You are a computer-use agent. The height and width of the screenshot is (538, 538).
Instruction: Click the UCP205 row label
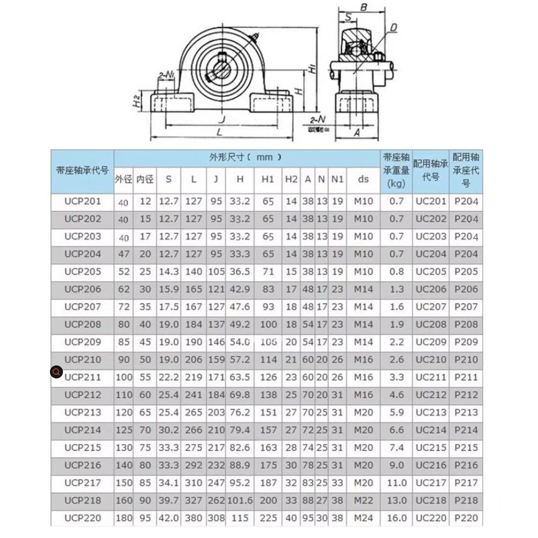click(x=82, y=272)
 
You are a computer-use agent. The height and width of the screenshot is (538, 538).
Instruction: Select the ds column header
click(x=363, y=179)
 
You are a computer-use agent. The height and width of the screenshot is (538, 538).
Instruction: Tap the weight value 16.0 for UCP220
click(x=396, y=518)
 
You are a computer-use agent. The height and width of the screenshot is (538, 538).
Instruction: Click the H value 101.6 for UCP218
click(x=240, y=500)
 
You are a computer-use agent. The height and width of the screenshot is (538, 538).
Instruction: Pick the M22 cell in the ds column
click(x=363, y=500)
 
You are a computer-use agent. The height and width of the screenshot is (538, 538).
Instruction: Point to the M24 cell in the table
click(x=363, y=518)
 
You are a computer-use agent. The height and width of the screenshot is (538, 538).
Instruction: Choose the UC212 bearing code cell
click(x=431, y=395)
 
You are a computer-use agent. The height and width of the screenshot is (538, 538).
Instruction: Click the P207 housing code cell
click(x=465, y=307)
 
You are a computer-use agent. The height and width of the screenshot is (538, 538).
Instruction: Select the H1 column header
click(x=268, y=179)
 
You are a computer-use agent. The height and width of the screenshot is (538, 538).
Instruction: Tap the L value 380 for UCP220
click(x=193, y=518)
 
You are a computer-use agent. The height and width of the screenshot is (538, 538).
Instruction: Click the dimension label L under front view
click(x=219, y=132)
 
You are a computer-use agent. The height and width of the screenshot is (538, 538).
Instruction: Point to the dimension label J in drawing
click(x=221, y=119)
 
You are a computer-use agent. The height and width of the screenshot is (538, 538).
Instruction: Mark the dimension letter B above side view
click(x=363, y=8)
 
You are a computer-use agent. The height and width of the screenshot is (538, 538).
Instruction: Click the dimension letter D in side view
click(x=394, y=27)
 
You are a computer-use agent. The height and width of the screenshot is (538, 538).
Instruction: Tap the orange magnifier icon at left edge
click(x=56, y=372)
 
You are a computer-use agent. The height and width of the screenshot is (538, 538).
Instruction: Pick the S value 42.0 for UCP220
click(x=168, y=518)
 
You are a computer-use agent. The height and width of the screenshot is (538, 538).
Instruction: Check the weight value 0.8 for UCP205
click(x=396, y=272)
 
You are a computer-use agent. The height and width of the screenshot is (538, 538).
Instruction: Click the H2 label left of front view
click(x=137, y=101)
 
